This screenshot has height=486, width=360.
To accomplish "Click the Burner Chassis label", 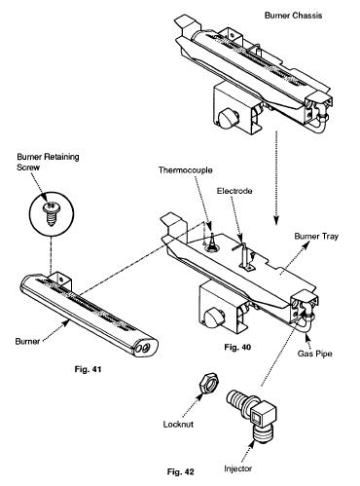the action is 293,16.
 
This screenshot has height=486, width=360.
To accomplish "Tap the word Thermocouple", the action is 186,170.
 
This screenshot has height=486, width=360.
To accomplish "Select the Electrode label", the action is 234,191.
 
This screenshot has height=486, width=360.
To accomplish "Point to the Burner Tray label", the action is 316,236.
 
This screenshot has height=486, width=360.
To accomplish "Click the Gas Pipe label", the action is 315,354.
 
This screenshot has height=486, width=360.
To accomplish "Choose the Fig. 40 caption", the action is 237,347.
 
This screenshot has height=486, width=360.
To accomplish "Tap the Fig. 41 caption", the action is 88,369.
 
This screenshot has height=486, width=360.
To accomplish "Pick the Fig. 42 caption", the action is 181,471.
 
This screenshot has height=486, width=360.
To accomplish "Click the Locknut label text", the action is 178,425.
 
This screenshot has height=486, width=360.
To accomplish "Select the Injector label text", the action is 237,468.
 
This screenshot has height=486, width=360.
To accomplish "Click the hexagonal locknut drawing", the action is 209,383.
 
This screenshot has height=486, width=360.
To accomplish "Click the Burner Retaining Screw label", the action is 48,162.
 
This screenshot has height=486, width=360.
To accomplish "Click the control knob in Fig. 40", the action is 213,318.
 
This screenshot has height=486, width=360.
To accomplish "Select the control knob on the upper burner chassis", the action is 228,119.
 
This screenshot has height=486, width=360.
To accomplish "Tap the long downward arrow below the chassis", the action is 276,178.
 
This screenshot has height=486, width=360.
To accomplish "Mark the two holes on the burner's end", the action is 144,348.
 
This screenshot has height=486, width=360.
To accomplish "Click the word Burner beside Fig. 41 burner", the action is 27,341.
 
